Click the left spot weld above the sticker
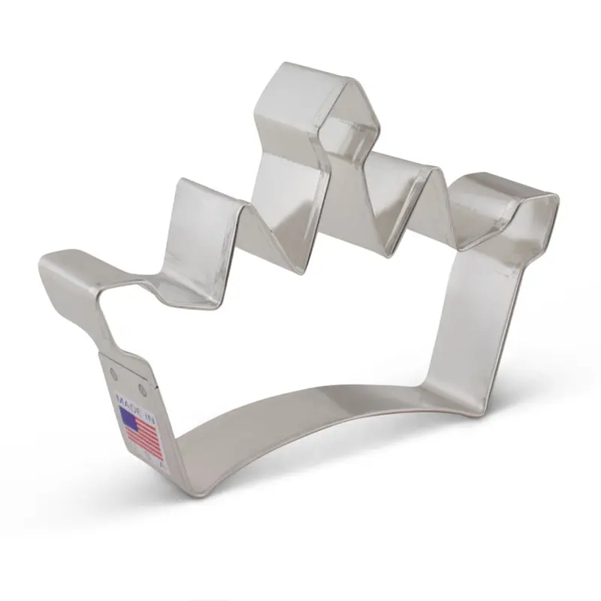[x=114, y=371]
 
